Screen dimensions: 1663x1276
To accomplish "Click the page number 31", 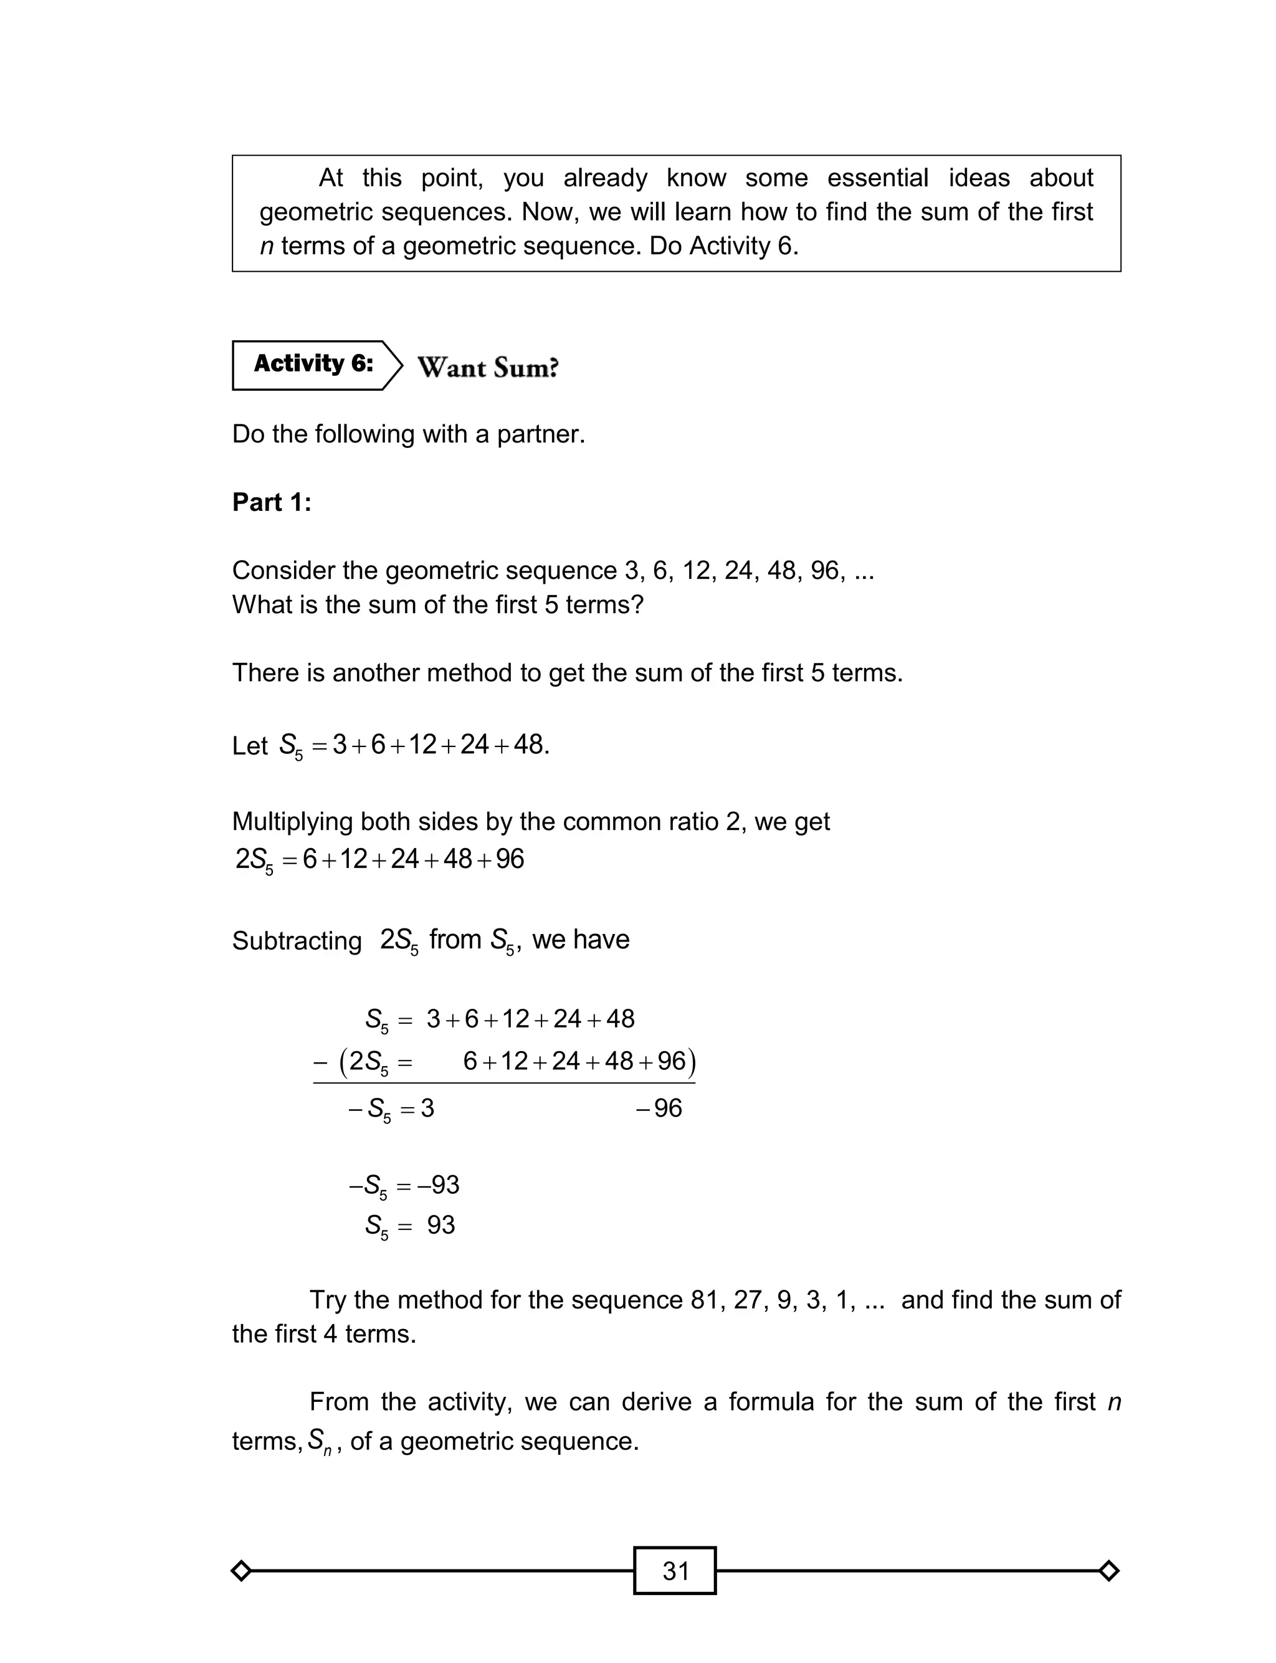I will coord(675,1570).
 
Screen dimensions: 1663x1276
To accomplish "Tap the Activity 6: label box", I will coord(313,365).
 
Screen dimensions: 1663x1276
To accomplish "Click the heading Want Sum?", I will coord(488,368).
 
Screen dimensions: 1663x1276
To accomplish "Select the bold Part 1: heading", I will coord(271,503).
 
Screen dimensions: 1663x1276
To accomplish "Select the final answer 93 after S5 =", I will coord(440,1225).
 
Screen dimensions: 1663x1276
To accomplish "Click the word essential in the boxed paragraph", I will coord(877,178).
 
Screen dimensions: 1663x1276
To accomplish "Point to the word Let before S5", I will coord(249,746).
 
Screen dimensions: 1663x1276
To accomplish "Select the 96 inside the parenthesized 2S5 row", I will coord(672,1061).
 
